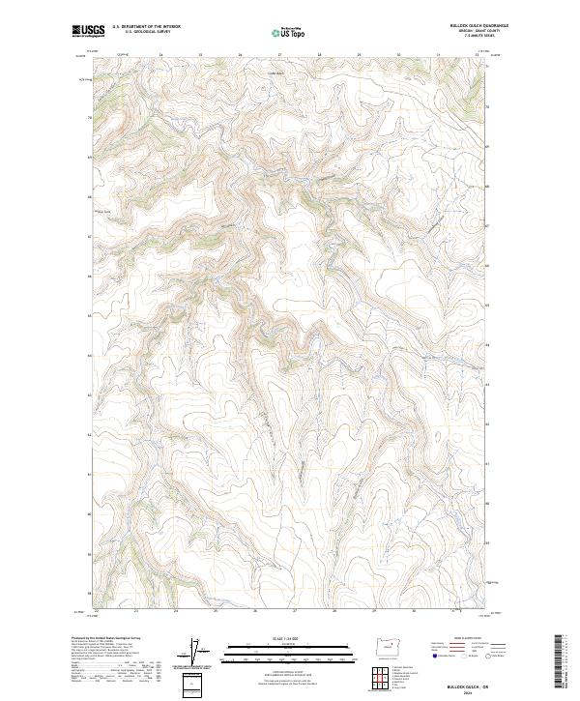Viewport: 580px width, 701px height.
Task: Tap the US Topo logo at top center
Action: coord(289,33)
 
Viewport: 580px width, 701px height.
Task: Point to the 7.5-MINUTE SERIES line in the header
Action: coord(478,41)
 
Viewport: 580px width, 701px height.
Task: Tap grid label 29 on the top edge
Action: coord(359,54)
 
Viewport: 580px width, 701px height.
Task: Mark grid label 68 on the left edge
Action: coord(90,157)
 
